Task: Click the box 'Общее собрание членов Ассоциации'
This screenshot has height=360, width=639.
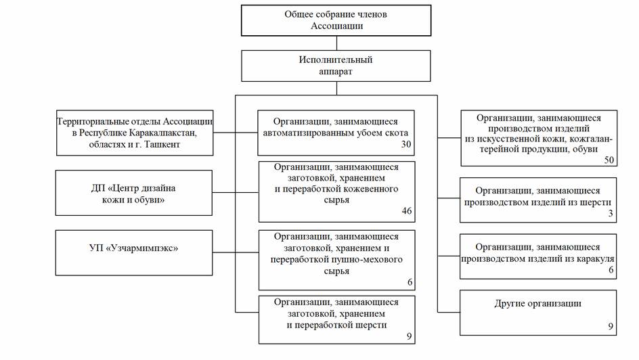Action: tap(336, 20)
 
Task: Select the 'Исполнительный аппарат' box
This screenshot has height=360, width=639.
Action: tap(336, 66)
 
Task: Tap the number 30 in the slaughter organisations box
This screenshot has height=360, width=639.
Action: tap(406, 144)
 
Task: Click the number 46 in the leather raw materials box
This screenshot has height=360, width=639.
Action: tap(407, 210)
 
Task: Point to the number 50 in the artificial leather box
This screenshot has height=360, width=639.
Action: tap(609, 160)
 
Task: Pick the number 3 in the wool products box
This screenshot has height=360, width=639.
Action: tap(611, 213)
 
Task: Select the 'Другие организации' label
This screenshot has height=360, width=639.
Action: tap(537, 303)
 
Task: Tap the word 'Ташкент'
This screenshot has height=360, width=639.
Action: tap(164, 144)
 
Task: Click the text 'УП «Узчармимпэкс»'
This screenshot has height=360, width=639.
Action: tap(133, 248)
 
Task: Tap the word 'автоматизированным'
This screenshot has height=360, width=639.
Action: tap(310, 133)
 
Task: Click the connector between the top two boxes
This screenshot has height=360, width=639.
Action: tap(336, 43)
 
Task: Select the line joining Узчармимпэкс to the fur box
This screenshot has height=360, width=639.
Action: tap(236, 252)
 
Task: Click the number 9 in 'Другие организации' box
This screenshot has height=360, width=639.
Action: tap(611, 326)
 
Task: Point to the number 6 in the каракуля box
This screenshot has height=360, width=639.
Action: tap(611, 269)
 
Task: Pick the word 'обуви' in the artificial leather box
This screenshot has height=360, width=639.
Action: tap(586, 149)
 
